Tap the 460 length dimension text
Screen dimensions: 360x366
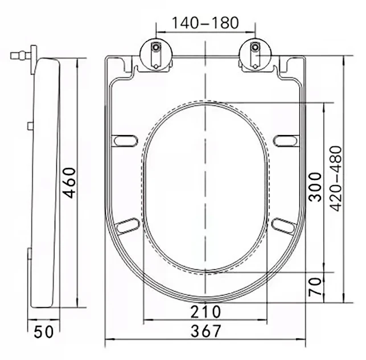[x=70, y=182]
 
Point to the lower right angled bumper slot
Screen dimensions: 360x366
[x=282, y=224]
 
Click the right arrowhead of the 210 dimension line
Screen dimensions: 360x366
[x=264, y=321]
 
